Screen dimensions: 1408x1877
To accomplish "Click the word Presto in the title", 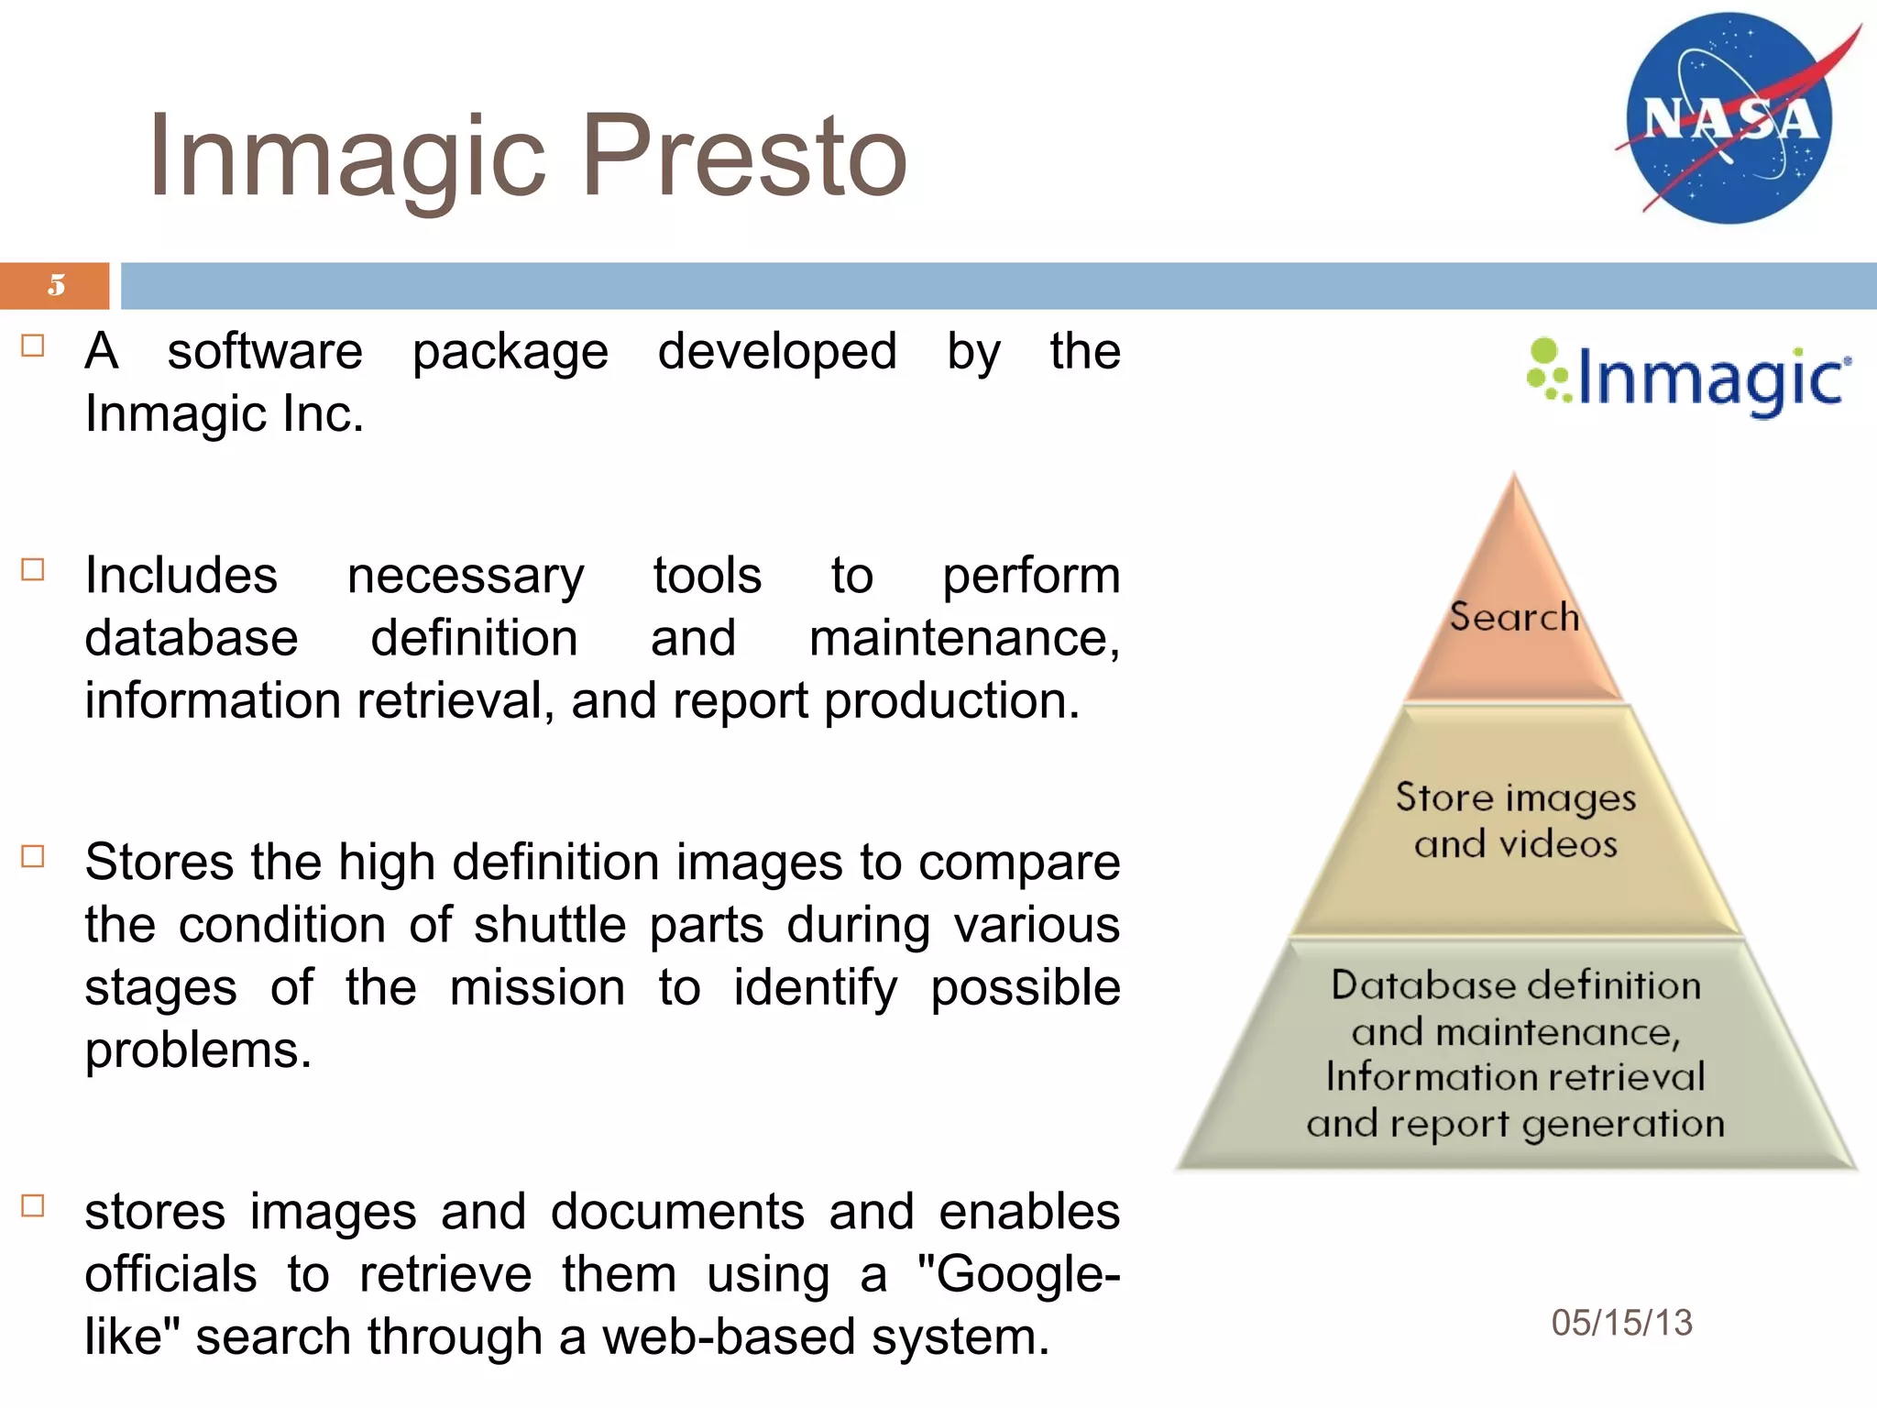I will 744,156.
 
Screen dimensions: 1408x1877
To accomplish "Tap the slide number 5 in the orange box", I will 57,285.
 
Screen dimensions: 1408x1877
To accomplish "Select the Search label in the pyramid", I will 1514,617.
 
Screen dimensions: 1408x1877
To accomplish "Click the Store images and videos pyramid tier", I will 1516,820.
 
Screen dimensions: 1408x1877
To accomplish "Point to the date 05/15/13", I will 1621,1323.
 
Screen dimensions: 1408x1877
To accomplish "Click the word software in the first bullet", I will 265,351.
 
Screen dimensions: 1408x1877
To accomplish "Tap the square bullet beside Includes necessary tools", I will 33,570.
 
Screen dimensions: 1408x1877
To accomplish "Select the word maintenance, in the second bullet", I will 964,639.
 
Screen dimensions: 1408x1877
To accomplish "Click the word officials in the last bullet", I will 170,1275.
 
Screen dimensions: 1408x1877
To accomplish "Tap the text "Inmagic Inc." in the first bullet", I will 225,414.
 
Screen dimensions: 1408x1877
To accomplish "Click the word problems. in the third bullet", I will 198,1050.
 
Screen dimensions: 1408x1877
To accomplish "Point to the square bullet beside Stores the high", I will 33,857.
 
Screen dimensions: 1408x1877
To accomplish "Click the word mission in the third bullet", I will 537,988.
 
